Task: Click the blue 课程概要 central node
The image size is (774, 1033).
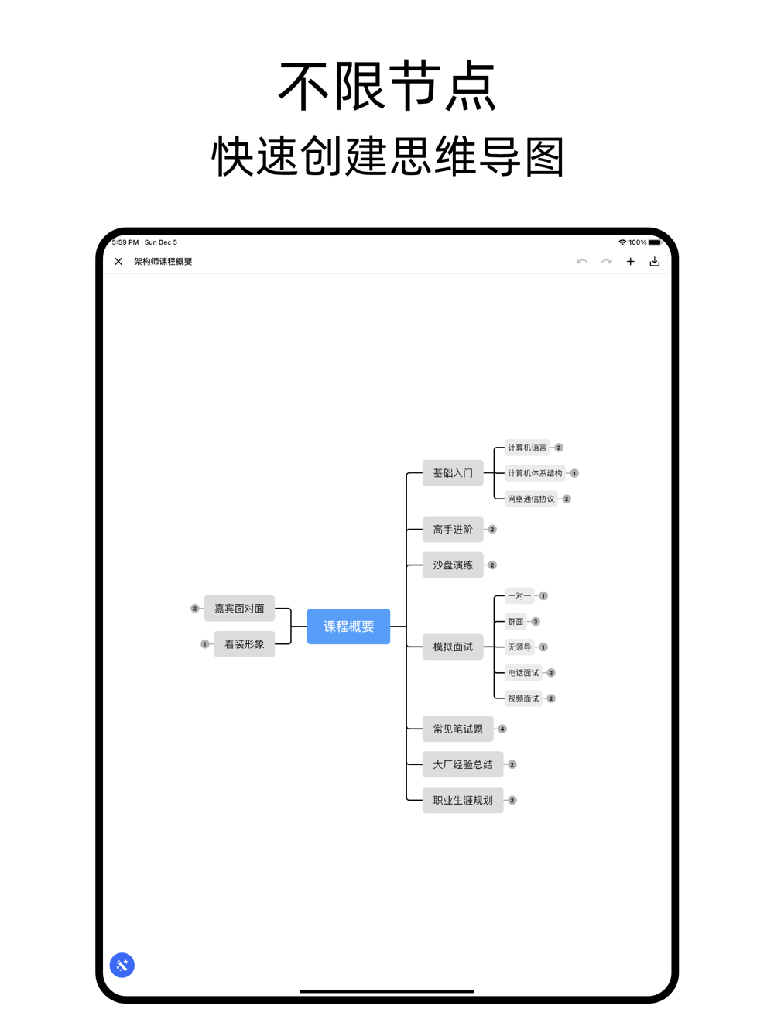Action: click(348, 626)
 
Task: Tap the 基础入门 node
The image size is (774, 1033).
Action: click(453, 473)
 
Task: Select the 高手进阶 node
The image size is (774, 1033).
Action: click(453, 530)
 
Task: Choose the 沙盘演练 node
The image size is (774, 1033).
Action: click(453, 565)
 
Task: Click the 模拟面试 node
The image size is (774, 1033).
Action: click(453, 647)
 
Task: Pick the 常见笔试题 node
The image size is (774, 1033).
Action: click(457, 729)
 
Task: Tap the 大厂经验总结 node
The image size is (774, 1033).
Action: click(463, 764)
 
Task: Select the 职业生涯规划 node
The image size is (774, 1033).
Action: click(463, 800)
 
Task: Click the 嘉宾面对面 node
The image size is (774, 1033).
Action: click(239, 609)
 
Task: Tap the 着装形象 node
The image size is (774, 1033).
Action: click(244, 644)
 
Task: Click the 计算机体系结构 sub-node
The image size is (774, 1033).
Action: click(535, 473)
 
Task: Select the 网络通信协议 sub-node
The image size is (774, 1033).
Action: click(531, 499)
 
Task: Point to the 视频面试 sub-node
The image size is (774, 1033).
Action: click(523, 698)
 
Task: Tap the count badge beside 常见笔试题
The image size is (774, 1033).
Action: click(502, 729)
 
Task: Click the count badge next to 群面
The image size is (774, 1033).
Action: click(536, 622)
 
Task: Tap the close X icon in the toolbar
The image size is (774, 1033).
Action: click(118, 262)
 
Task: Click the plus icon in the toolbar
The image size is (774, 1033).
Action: click(631, 262)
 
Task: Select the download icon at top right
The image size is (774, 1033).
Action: click(655, 262)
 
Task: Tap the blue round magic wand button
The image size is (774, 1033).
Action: click(122, 965)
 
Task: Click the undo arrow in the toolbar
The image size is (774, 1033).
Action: click(582, 262)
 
